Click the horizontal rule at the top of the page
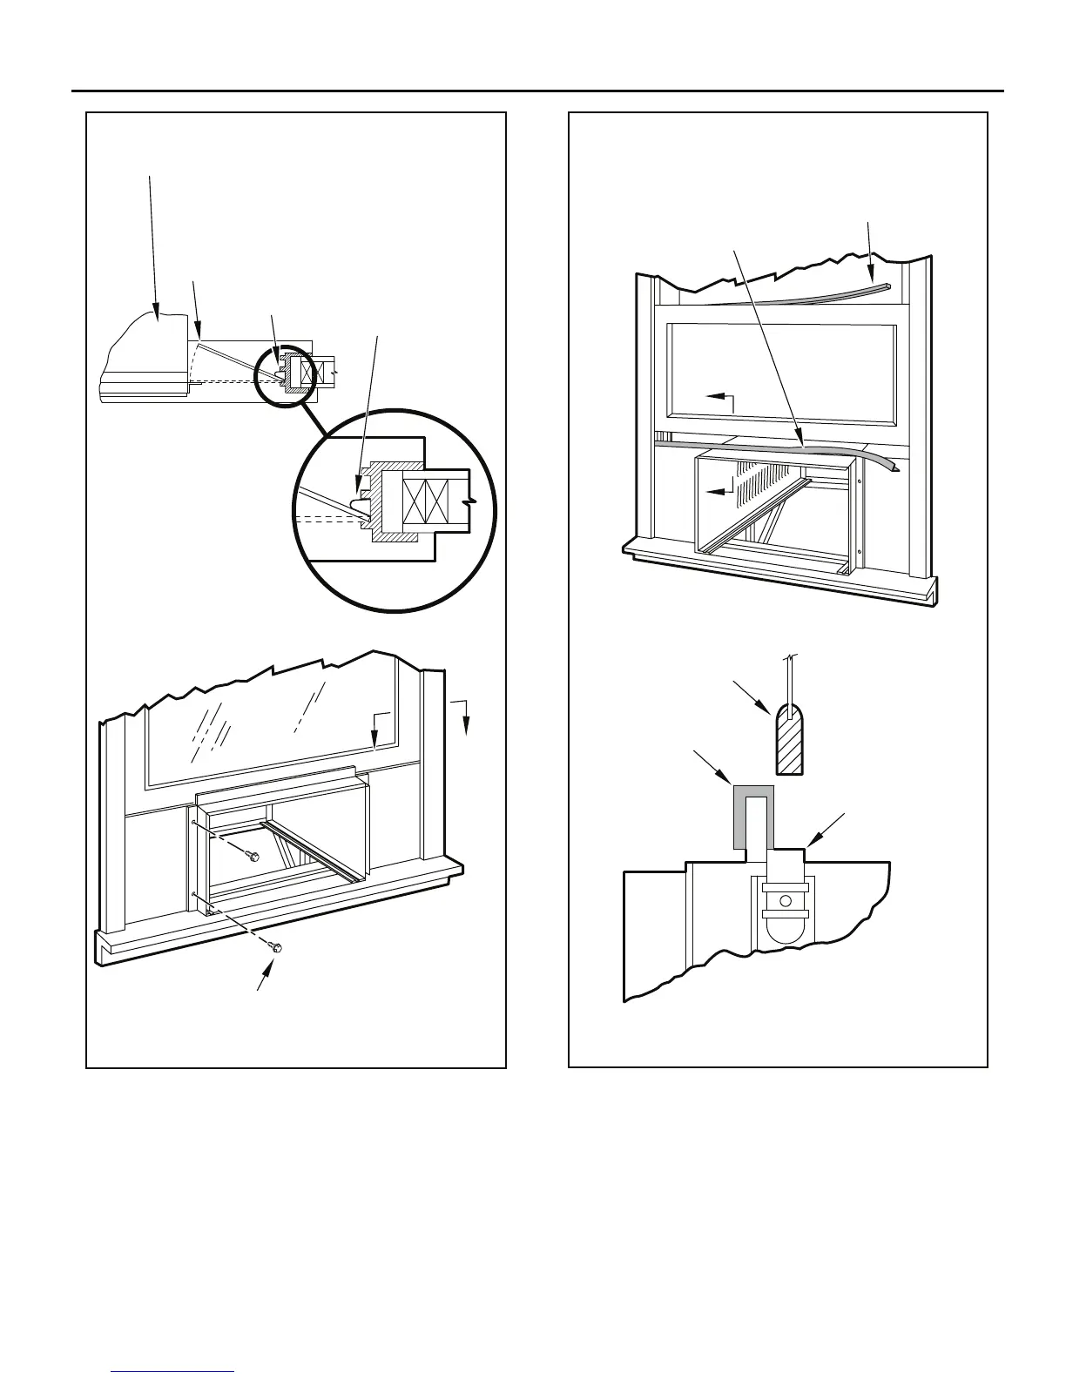tap(536, 91)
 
